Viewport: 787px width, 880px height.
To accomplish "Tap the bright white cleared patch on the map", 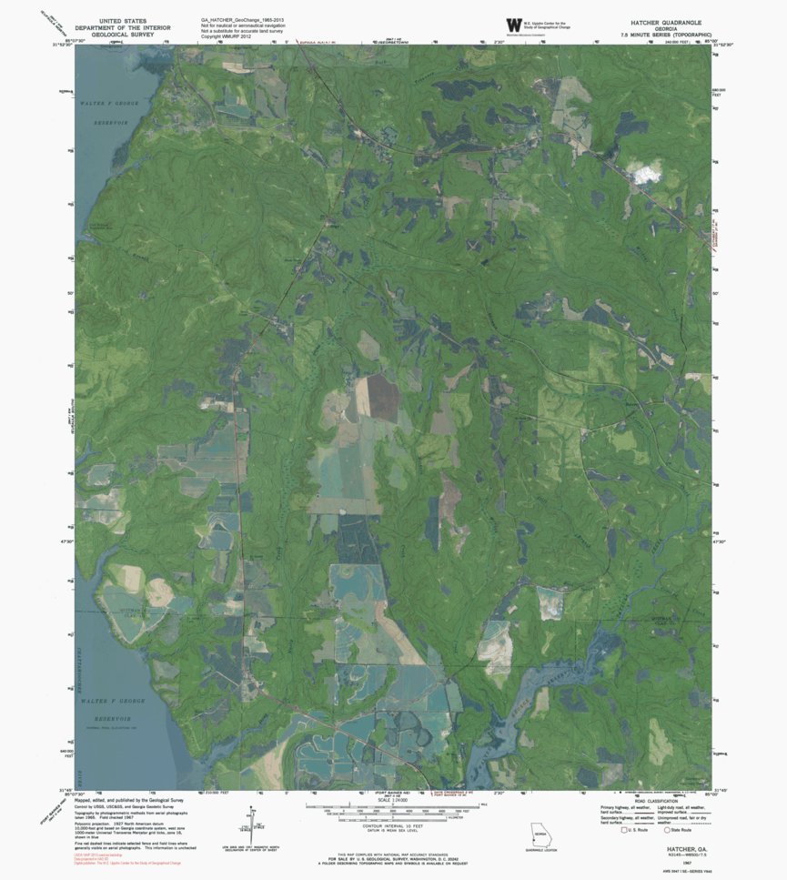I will point(647,172).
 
